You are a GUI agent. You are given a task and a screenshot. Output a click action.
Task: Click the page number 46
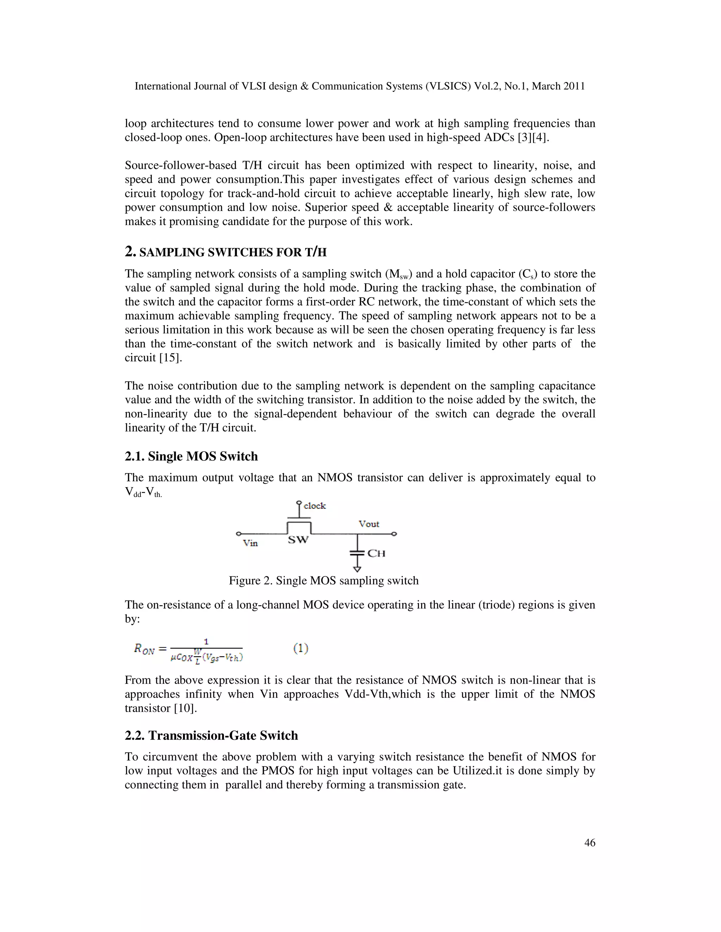point(589,842)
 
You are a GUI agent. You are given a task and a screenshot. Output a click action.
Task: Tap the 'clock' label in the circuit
point(314,506)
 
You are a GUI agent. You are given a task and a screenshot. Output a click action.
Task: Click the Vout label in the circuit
point(369,524)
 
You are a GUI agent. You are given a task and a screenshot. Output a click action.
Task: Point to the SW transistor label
point(298,540)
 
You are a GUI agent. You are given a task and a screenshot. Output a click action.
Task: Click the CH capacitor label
point(376,554)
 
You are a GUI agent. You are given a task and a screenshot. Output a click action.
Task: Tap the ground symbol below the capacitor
point(357,569)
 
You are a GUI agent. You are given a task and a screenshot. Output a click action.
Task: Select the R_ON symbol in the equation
point(144,649)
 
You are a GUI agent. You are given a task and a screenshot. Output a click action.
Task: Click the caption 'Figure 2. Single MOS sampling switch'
point(323,580)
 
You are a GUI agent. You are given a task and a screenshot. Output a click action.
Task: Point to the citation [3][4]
point(533,138)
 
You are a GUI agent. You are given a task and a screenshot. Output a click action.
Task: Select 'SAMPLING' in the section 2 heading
point(172,253)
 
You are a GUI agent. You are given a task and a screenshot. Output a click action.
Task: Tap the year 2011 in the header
point(573,86)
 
